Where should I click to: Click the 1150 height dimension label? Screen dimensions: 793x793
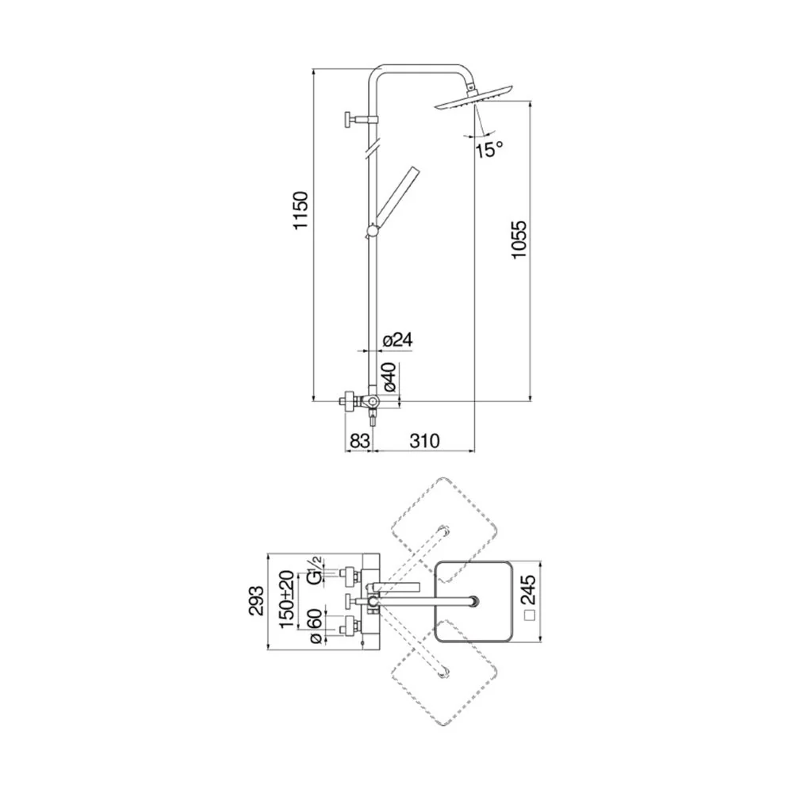coord(301,210)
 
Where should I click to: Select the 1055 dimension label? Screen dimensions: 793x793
coord(519,239)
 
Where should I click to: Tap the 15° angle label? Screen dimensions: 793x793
coord(489,149)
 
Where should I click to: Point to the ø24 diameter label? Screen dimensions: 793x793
coord(397,340)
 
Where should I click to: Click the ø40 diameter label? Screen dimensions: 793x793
coord(390,377)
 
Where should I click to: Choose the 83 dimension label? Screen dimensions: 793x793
coord(359,441)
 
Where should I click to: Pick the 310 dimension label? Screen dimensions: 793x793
coord(424,441)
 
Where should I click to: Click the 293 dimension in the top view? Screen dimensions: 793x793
coord(256,601)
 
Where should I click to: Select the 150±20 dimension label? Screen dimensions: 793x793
coord(287,600)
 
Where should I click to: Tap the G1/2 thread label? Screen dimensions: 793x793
coord(314,570)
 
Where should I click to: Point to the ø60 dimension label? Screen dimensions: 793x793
coord(315,626)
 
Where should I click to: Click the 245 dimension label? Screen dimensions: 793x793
coord(528,590)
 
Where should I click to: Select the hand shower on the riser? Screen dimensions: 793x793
coord(393,201)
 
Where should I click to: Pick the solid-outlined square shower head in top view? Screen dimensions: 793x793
coord(473,602)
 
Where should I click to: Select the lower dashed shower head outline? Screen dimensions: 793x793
coord(444,673)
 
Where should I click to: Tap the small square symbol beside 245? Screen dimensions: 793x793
coord(530,615)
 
